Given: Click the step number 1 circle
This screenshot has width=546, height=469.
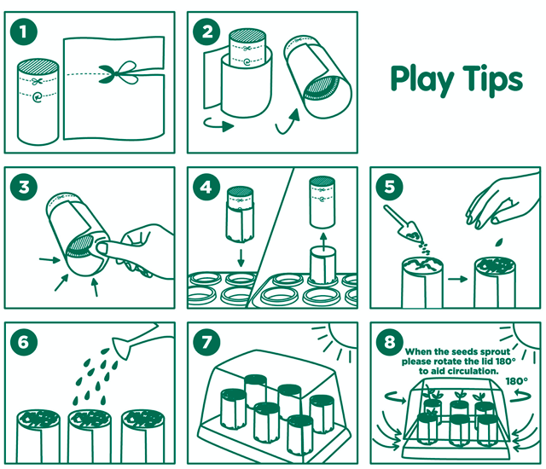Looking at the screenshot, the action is pos(23,32).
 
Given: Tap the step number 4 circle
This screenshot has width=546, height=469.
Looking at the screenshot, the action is pos(206,188).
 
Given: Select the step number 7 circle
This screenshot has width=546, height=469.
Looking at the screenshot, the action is pos(206,342).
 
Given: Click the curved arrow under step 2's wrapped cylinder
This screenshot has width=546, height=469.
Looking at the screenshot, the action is pos(218,124).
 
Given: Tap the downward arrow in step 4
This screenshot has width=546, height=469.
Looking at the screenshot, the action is pos(241,258).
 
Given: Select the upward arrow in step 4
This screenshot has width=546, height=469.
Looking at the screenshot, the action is pos(323,242).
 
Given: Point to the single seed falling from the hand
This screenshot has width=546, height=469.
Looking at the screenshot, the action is pos(499,242).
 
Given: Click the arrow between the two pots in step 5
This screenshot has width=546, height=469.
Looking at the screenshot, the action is pos(457,279).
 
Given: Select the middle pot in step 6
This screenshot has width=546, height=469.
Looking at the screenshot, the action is pos(90,435).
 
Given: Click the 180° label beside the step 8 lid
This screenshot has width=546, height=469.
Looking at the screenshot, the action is pos(516,382).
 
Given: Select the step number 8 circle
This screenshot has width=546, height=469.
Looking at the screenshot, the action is pos(390,342).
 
